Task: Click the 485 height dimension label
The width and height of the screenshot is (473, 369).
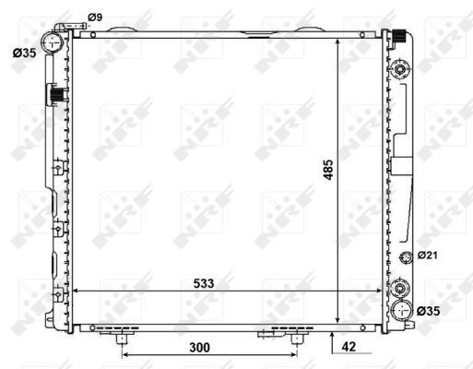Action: click(x=328, y=170)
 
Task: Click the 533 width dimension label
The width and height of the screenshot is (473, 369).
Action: click(x=204, y=283)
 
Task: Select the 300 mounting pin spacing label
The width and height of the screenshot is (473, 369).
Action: click(x=200, y=348)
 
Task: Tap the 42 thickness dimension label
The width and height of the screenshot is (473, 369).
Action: click(x=349, y=347)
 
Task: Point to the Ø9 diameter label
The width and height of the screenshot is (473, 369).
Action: click(x=95, y=18)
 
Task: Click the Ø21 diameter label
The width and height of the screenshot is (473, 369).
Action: click(x=428, y=255)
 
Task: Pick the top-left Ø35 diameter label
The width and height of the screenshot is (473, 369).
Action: click(x=25, y=53)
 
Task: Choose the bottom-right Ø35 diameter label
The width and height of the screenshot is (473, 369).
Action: click(x=429, y=311)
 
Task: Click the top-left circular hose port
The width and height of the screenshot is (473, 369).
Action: click(x=53, y=42)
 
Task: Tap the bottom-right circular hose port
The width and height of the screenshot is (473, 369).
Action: click(x=401, y=311)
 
